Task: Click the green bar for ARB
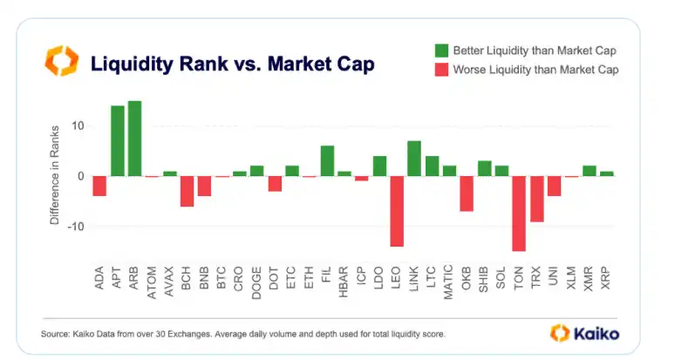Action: (134, 139)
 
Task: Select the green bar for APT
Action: (117, 141)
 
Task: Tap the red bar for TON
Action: (519, 214)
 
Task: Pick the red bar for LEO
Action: (397, 211)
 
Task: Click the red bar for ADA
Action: (99, 186)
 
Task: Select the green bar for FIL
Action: (327, 161)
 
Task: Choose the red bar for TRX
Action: (536, 199)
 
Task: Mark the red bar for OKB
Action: (467, 194)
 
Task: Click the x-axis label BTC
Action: (222, 277)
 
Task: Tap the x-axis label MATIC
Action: (449, 281)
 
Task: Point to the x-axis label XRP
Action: (607, 277)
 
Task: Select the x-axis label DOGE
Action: (257, 281)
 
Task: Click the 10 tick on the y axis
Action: (78, 126)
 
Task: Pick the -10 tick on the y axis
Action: (76, 227)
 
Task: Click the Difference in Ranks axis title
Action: (54, 176)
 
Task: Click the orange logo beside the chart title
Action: (62, 62)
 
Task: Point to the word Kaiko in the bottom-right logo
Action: (597, 333)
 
